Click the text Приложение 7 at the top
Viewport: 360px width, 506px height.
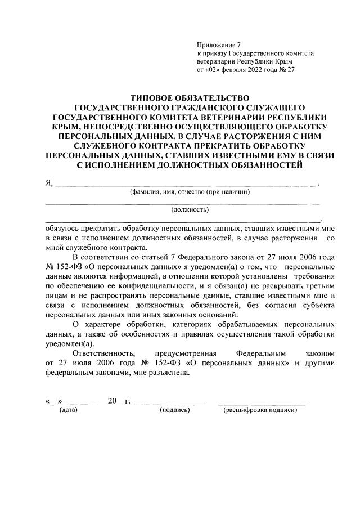[218, 44]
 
